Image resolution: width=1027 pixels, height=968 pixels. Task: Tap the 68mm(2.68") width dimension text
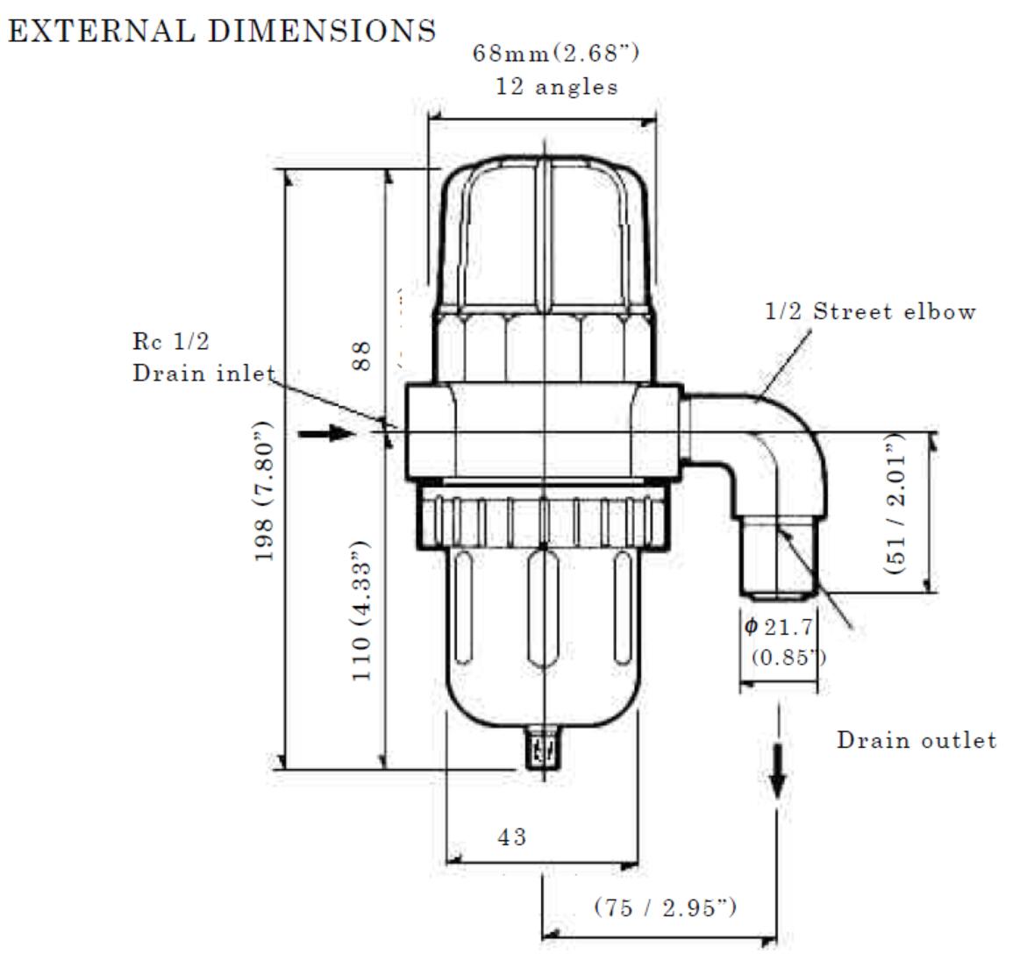coord(556,54)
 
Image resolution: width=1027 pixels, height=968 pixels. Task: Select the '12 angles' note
coord(556,88)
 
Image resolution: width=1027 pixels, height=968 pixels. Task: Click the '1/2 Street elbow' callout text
coord(870,311)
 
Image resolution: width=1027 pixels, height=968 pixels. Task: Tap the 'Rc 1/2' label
coord(172,343)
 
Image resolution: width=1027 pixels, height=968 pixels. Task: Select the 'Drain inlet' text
coord(203,374)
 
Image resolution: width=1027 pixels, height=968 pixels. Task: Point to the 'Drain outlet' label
coord(916,740)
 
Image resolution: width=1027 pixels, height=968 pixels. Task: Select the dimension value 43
coord(512,837)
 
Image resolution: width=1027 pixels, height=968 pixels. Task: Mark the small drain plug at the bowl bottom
coord(545,751)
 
